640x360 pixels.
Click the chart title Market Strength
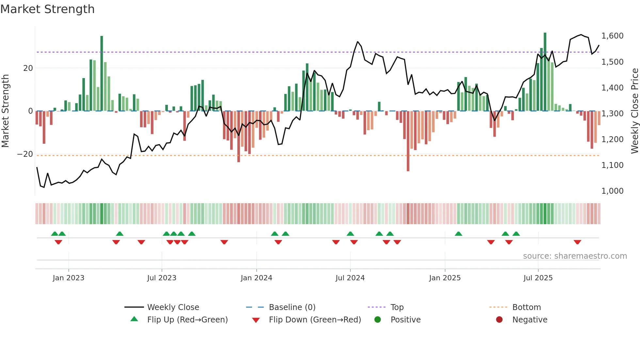[47, 9]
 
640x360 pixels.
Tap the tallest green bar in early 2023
[102, 74]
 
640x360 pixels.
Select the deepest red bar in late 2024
[408, 141]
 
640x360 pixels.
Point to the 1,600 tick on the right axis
[612, 36]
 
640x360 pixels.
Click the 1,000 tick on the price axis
[612, 191]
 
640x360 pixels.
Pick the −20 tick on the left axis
[25, 154]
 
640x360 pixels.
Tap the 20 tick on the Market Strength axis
[28, 68]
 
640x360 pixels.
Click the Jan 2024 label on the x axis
[256, 278]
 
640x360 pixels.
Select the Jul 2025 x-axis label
[538, 278]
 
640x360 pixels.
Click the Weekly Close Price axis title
[634, 111]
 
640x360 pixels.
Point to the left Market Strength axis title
[5, 111]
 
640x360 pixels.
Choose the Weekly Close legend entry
[173, 307]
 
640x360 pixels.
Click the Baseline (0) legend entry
[292, 307]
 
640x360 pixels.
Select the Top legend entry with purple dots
[397, 307]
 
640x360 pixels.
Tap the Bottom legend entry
[526, 307]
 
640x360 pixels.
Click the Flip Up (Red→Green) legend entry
[187, 320]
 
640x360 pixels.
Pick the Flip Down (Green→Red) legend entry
[315, 320]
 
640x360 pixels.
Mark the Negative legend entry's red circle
[499, 320]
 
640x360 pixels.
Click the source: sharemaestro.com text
[575, 256]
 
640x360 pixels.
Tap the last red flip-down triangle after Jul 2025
[577, 242]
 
